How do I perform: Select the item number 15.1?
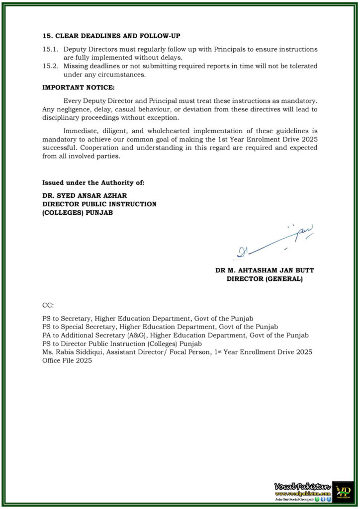coord(50,50)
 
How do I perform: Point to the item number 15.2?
coord(50,66)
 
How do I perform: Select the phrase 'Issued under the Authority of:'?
coord(93,183)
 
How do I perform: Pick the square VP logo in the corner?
coord(343,491)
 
